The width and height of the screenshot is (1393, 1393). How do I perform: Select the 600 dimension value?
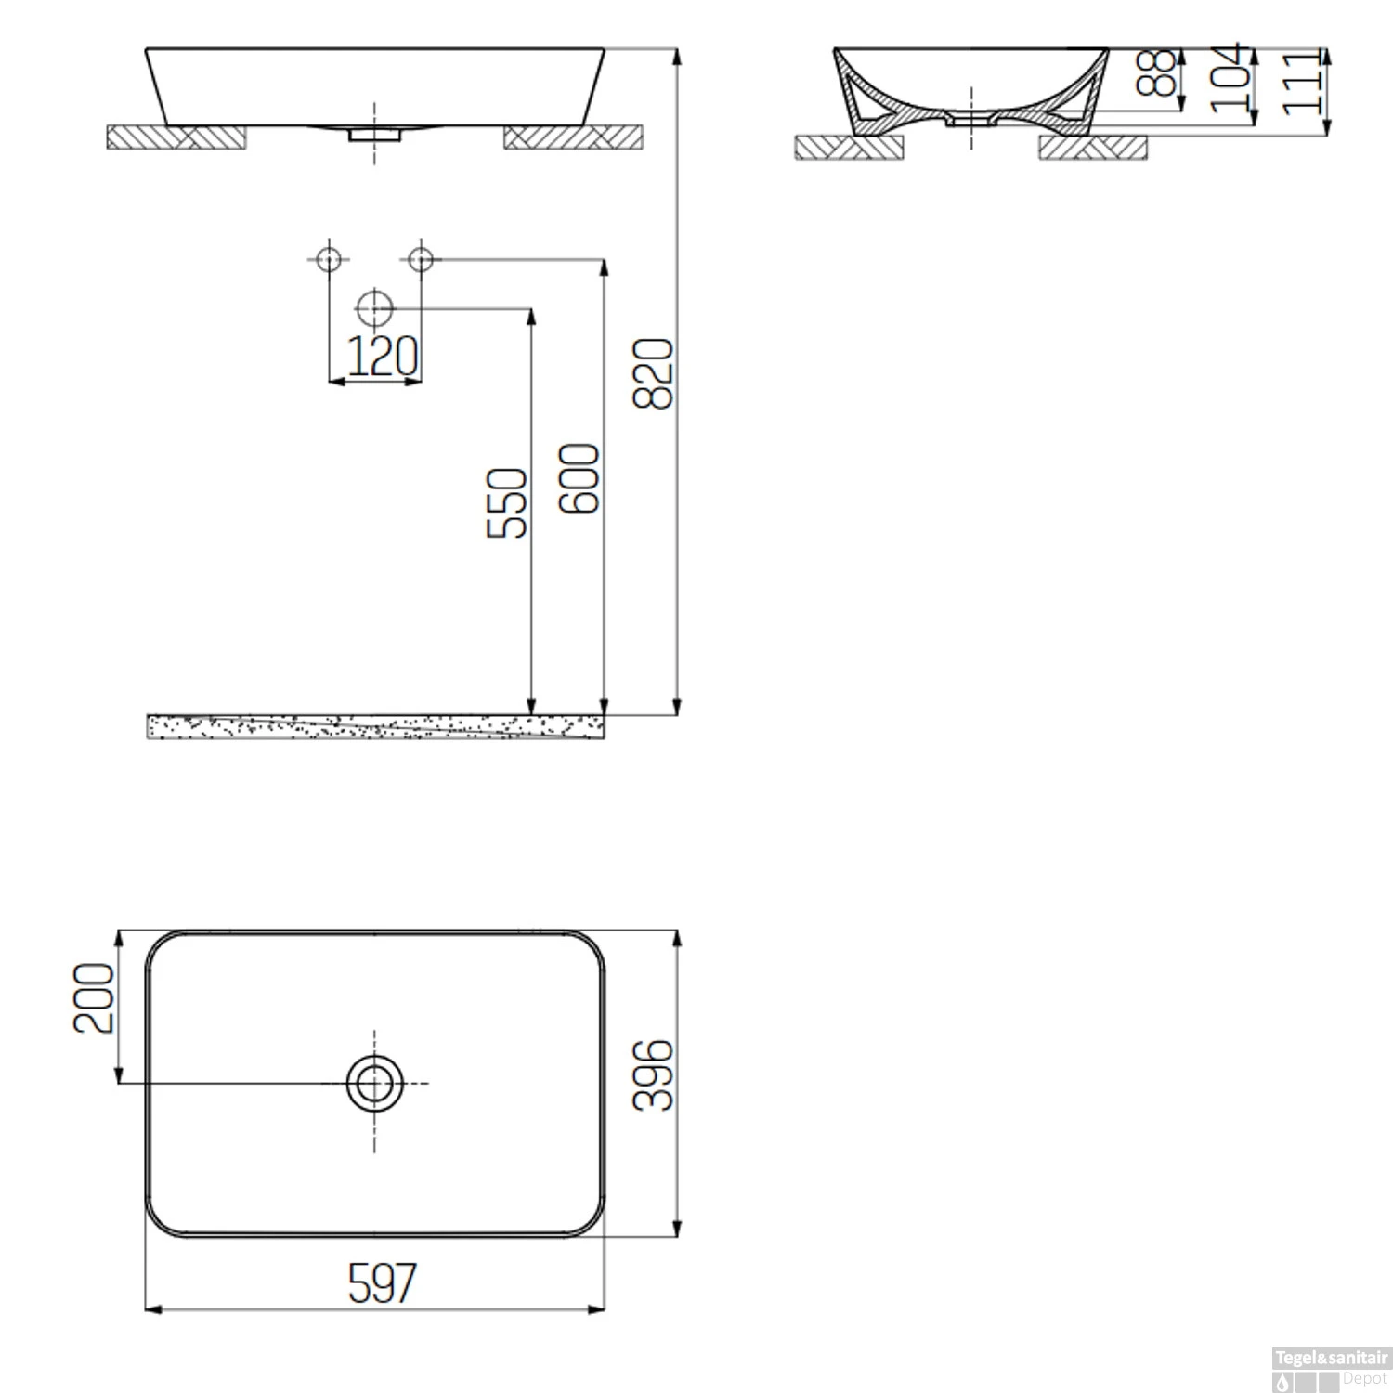(x=580, y=478)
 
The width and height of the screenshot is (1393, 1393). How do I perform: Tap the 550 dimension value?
(x=507, y=502)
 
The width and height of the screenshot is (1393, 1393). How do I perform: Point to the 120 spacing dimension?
(x=382, y=356)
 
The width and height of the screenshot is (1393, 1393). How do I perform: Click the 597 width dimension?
(x=383, y=1283)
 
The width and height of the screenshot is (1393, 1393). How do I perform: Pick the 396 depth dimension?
(x=652, y=1074)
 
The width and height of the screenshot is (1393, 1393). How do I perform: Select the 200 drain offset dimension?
(x=94, y=997)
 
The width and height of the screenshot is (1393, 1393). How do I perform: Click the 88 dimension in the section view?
(x=1156, y=72)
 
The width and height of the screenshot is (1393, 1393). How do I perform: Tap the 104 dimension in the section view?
(x=1230, y=78)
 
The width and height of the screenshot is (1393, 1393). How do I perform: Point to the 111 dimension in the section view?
(x=1302, y=83)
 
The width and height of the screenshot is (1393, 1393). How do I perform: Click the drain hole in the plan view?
(x=374, y=1083)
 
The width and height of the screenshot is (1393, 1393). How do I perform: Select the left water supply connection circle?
(x=329, y=258)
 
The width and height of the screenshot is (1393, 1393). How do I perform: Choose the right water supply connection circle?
(x=421, y=258)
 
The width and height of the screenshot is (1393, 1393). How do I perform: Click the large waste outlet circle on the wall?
(x=374, y=307)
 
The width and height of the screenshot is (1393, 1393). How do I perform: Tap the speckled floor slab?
(x=375, y=726)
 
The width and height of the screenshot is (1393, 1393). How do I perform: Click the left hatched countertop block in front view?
(x=176, y=137)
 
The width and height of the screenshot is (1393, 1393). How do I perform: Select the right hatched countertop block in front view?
(x=573, y=137)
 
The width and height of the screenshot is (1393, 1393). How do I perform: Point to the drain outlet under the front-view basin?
(x=374, y=135)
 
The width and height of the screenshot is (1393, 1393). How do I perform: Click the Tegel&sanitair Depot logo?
(x=1330, y=1368)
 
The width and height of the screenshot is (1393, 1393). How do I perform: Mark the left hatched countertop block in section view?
(x=849, y=148)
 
